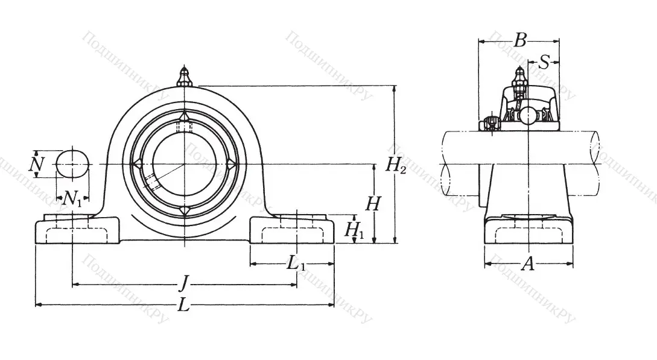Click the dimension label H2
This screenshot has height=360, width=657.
tap(396, 165)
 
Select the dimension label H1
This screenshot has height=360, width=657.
tap(354, 229)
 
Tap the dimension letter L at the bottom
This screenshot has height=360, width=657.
tap(184, 306)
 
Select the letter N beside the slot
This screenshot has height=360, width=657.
tap(37, 163)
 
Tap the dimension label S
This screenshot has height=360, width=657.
tap(544, 62)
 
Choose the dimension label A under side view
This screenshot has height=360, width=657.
tap(528, 264)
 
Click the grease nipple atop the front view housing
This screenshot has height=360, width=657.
tap(185, 77)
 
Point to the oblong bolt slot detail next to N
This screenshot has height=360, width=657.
tap(73, 163)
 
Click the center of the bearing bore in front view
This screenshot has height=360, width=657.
tap(184, 163)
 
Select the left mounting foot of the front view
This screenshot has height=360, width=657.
tap(77, 232)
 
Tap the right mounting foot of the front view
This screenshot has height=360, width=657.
tap(292, 232)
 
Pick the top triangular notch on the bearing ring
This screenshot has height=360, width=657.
tap(184, 116)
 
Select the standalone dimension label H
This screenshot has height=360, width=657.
tap(373, 204)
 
